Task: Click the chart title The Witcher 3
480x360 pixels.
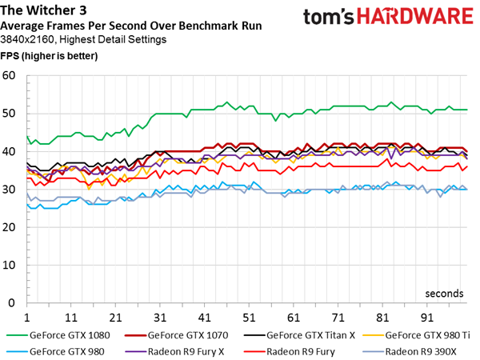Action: [x=43, y=10]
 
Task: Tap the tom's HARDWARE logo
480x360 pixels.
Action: [x=388, y=17]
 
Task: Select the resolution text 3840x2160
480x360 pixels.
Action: [x=27, y=39]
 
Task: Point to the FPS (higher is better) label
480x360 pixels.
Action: [x=49, y=56]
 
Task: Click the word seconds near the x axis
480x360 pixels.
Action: [x=444, y=294]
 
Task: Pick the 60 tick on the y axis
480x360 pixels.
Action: [x=9, y=76]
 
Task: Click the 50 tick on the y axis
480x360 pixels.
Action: [x=9, y=114]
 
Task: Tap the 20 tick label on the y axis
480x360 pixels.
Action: [x=9, y=227]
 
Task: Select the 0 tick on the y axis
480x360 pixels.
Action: [x=12, y=302]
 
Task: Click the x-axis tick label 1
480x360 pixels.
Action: [x=27, y=318]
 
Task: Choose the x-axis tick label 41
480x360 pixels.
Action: [x=205, y=318]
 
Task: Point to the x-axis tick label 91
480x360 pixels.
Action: [x=426, y=318]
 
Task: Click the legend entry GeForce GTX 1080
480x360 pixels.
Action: [x=58, y=335]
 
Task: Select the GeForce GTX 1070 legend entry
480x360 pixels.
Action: [x=177, y=335]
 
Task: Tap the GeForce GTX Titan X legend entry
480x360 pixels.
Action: [x=300, y=335]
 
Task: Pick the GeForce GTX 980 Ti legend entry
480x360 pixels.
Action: [x=416, y=335]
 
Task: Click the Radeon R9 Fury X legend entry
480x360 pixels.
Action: [x=174, y=352]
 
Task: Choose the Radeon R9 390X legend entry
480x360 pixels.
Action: [x=410, y=352]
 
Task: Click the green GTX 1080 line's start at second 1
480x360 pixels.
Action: [x=27, y=136]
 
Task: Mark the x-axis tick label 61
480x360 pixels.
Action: [x=294, y=318]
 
